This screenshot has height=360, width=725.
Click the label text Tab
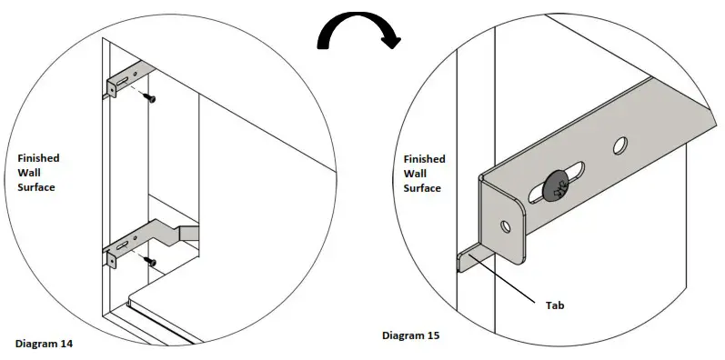pyautogui.click(x=555, y=305)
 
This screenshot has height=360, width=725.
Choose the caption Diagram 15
pyautogui.click(x=410, y=335)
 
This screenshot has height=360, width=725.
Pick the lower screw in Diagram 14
pyautogui.click(x=152, y=262)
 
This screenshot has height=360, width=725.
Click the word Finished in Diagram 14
pyautogui.click(x=38, y=158)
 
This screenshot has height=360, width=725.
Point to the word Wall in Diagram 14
pyautogui.click(x=29, y=173)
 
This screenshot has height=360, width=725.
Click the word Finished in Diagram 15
pyautogui.click(x=424, y=159)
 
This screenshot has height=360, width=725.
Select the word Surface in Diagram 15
pyautogui.click(x=422, y=188)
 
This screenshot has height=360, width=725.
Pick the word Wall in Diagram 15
pyautogui.click(x=415, y=174)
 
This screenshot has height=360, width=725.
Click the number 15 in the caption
pyautogui.click(x=432, y=335)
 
